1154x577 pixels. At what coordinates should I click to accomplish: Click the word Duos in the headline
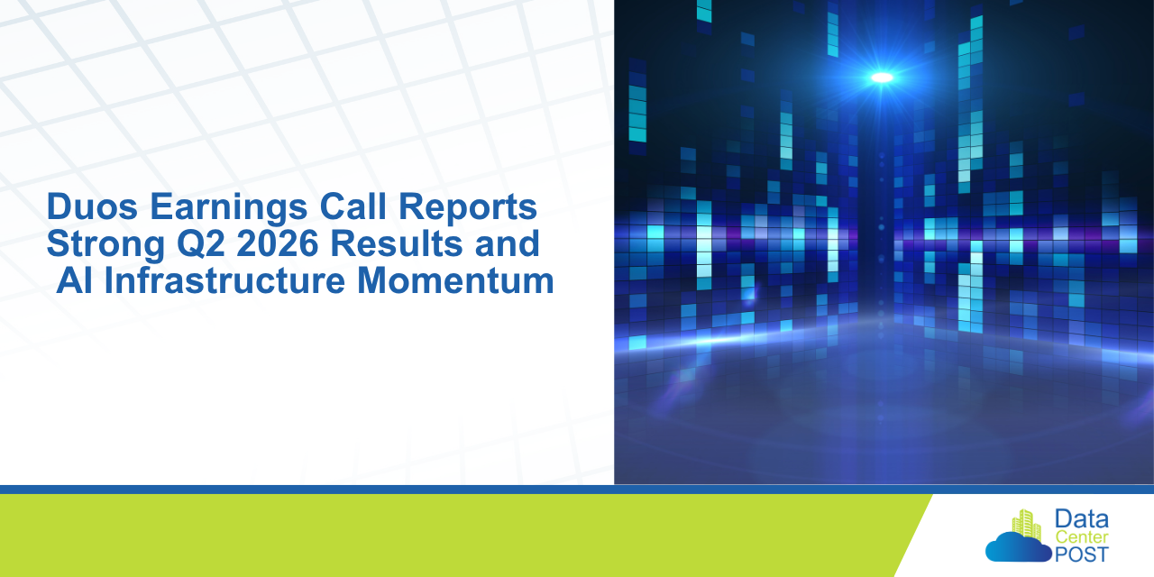92,206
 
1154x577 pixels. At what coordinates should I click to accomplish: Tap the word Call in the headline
353,206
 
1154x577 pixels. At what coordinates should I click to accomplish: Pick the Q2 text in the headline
201,243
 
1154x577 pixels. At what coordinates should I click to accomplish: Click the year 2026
278,243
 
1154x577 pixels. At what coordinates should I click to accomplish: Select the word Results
396,243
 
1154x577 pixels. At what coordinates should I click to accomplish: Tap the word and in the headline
507,243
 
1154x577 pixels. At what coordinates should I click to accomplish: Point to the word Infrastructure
224,280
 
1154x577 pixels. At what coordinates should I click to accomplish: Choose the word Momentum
455,280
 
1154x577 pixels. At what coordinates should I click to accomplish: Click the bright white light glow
882,78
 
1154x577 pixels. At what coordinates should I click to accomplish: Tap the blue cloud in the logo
1018,547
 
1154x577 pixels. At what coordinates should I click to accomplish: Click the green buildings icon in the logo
1026,525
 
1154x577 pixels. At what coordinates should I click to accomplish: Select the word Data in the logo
1082,519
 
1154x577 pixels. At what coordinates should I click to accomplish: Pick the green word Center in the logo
1082,537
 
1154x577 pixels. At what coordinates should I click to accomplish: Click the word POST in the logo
1082,554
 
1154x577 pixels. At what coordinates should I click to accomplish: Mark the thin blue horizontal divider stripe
577,490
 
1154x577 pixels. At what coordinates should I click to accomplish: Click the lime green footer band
453,536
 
